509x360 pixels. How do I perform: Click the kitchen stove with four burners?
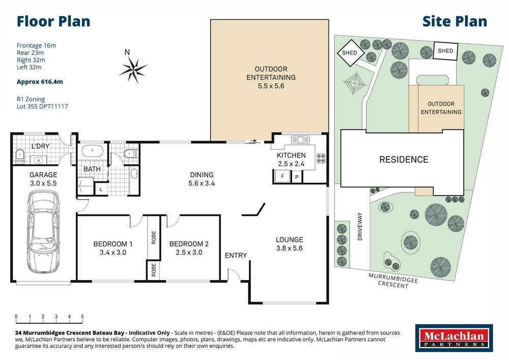point(321,158)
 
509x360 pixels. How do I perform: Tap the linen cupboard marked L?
point(101,189)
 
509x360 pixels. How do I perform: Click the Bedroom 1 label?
point(113,244)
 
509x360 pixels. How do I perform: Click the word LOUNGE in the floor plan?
point(289,240)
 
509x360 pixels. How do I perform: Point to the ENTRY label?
point(236,256)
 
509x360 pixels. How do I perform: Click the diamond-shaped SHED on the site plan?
point(350,52)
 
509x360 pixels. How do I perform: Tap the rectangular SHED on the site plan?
point(445,51)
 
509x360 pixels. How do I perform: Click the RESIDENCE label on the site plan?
point(404,159)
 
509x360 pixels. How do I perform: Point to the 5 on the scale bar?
point(82,317)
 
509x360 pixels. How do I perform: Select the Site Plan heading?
point(455,21)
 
